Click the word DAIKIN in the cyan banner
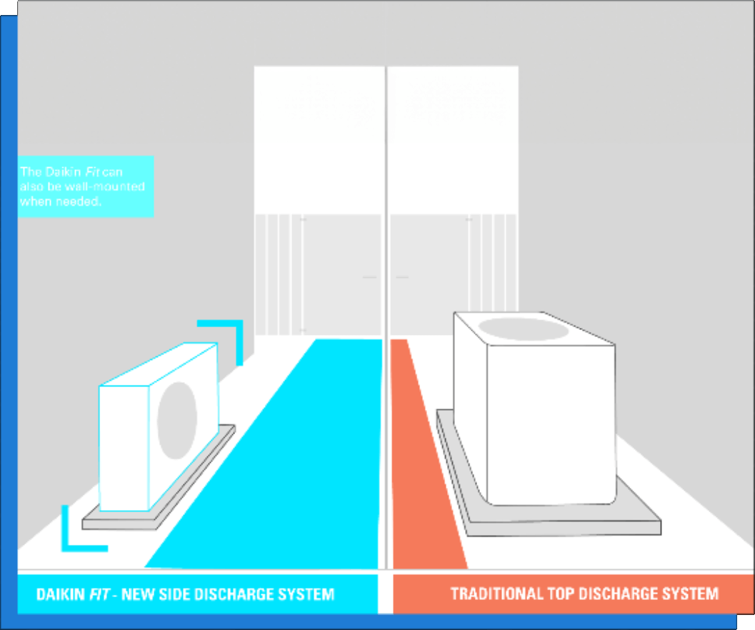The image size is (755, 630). [x=61, y=594]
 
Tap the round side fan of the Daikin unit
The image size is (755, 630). [x=177, y=421]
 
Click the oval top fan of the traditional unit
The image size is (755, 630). [x=523, y=329]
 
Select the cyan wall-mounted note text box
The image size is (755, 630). [x=86, y=186]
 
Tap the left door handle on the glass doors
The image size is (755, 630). [x=369, y=276]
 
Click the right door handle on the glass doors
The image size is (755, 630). [x=402, y=276]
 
